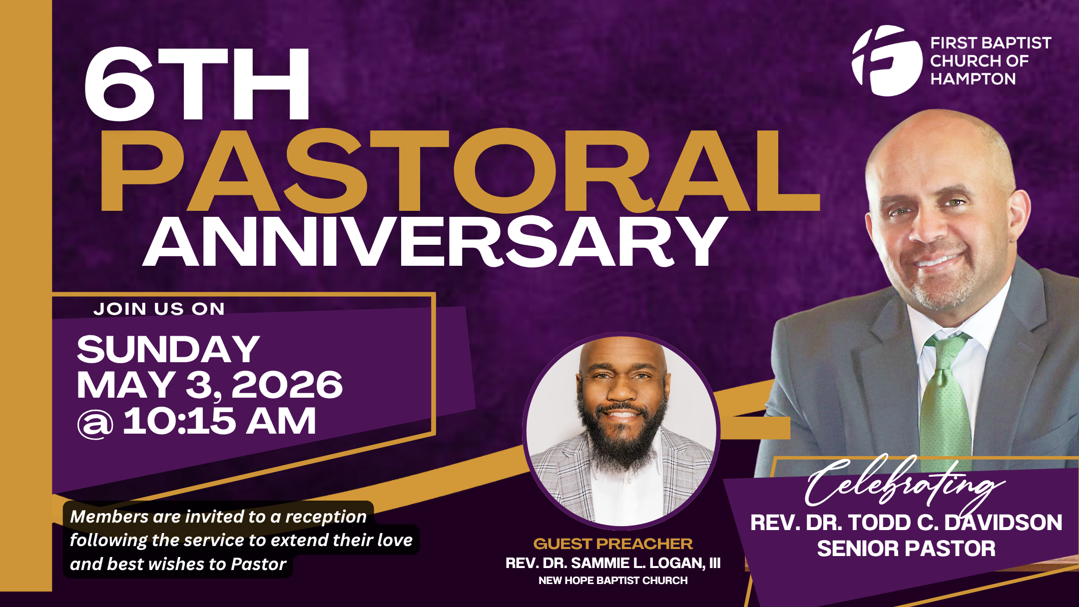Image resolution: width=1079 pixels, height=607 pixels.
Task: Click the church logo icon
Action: (x=887, y=60)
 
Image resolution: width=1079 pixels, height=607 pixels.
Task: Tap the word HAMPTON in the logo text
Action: (x=973, y=79)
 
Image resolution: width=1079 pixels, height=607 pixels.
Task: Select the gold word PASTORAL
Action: (x=460, y=171)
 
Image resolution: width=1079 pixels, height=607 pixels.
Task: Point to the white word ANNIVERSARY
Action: (x=435, y=242)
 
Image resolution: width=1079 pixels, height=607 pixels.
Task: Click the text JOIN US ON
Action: (x=159, y=309)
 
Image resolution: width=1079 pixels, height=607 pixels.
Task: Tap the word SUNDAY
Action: (x=168, y=349)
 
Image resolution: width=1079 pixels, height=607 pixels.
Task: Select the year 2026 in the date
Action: (x=287, y=385)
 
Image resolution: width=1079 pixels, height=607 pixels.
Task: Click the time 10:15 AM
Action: (x=219, y=421)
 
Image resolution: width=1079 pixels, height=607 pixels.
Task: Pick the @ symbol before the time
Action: (x=95, y=424)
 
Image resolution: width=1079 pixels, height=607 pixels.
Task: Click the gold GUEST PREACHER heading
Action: (x=613, y=544)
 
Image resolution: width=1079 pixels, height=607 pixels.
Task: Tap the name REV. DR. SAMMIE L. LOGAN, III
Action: (x=613, y=563)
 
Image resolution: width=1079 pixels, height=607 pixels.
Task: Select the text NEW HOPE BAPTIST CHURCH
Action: (x=613, y=581)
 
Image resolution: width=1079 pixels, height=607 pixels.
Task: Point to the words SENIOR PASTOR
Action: (x=906, y=549)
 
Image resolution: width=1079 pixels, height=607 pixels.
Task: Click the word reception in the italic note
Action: (x=326, y=517)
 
